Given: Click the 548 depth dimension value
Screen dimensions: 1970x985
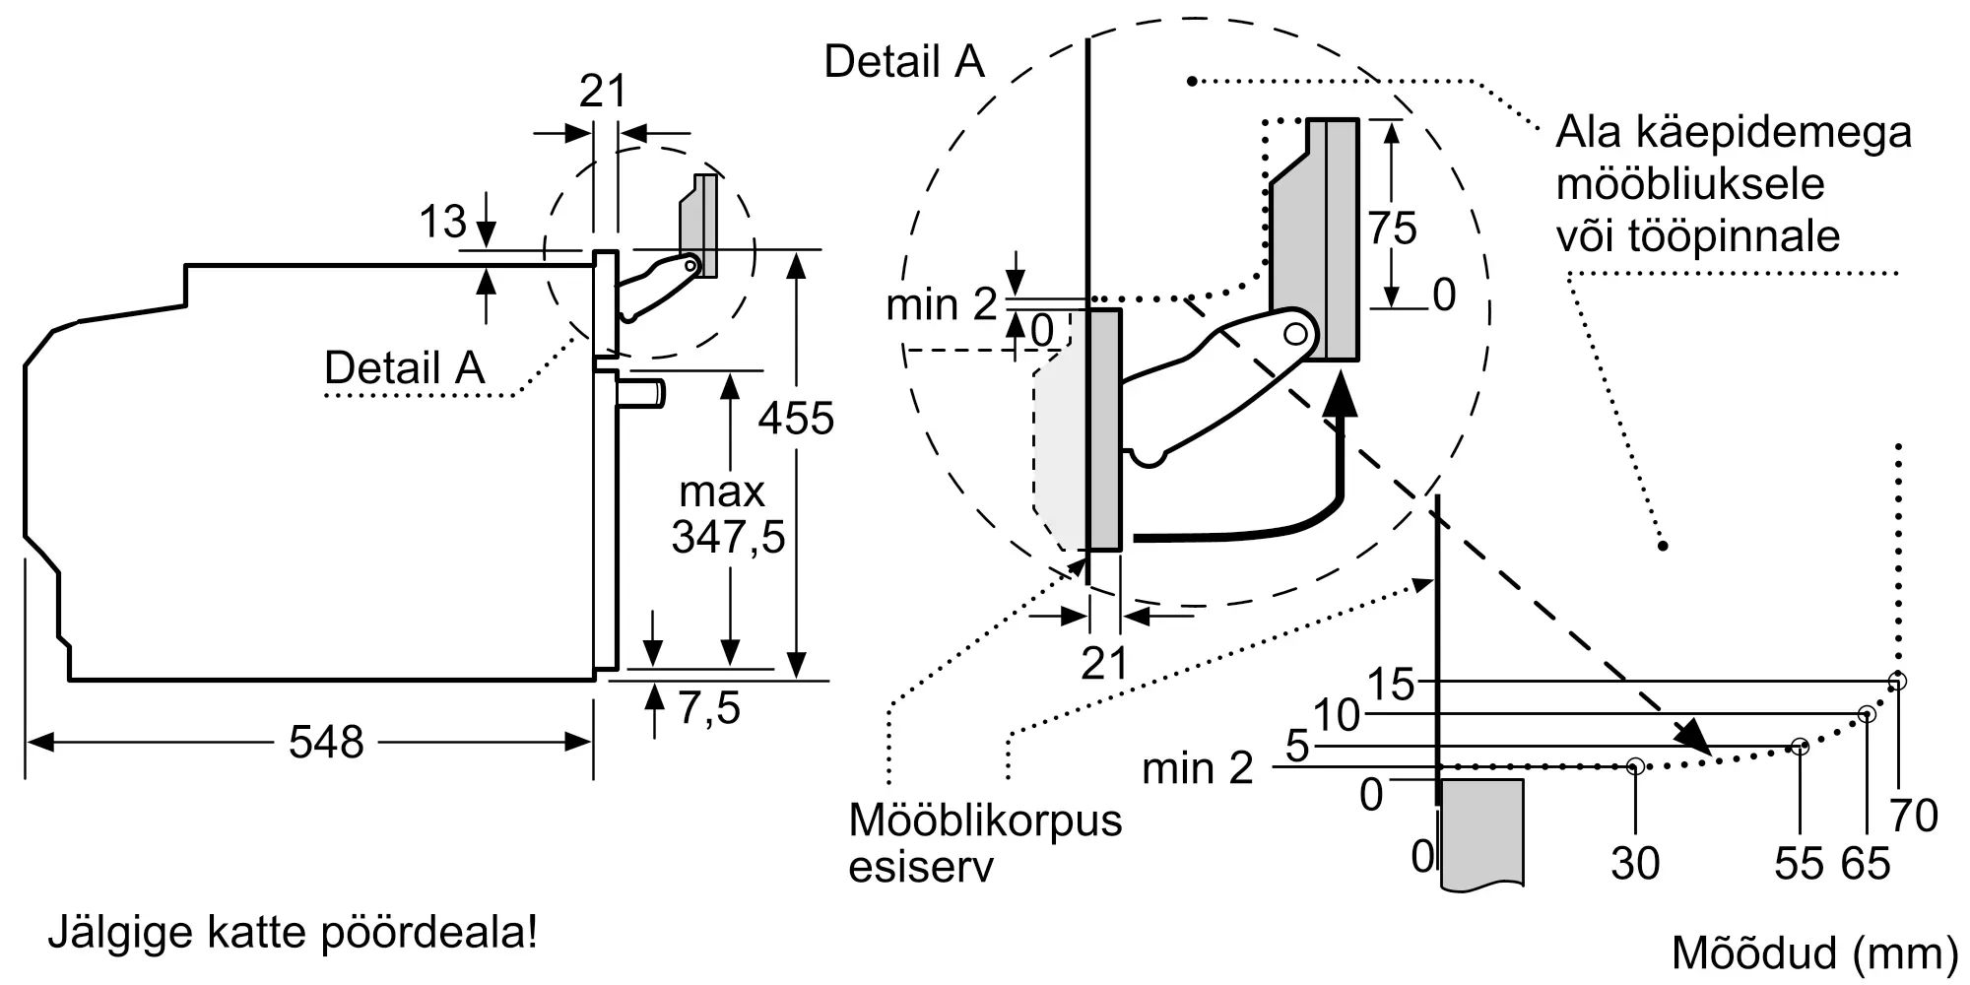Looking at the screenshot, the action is click(326, 742).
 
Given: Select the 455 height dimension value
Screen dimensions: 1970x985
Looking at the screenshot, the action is click(796, 419).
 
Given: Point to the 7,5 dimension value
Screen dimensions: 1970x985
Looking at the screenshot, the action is click(709, 708).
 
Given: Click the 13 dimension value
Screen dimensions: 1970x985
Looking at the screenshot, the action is click(442, 222).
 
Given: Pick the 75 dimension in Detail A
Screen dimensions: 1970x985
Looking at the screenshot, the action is click(1392, 229).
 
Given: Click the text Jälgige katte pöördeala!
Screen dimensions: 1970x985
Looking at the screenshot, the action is click(293, 932).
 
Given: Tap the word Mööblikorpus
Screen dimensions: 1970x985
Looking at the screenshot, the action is click(985, 820).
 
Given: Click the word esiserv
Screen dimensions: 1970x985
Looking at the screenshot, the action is click(920, 867).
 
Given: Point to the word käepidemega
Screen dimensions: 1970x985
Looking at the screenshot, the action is click(1734, 133).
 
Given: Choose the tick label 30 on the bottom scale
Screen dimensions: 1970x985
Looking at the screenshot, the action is click(1635, 864).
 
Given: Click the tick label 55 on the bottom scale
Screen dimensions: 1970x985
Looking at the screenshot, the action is click(1799, 864).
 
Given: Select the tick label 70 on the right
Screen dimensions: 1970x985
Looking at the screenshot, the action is click(1914, 816).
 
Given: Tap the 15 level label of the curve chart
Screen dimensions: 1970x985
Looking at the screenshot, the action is click(1391, 685).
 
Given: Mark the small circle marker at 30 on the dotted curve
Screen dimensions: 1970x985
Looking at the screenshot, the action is click(1635, 765).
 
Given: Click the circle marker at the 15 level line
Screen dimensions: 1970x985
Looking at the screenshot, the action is click(1897, 681).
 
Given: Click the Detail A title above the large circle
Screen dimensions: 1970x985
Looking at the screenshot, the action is click(904, 61).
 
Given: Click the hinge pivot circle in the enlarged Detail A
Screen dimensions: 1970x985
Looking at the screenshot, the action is click(1295, 334).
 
